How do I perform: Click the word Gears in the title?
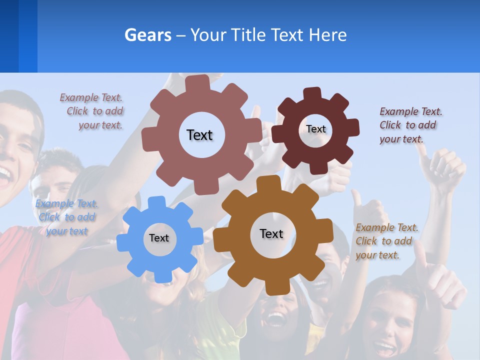tap(148, 35)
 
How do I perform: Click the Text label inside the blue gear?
tap(159, 238)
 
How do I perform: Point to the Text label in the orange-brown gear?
tap(271, 234)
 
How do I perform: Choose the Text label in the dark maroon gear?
tap(315, 129)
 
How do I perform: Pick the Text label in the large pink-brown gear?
tap(199, 135)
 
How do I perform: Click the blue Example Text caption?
tap(66, 217)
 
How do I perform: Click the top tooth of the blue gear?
tap(157, 202)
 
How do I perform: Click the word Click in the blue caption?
tap(49, 217)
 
